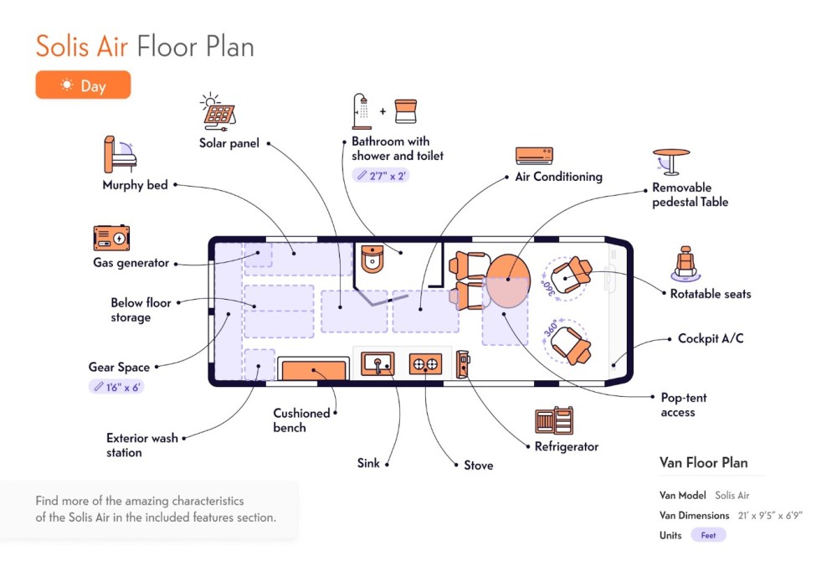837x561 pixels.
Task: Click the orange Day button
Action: (83, 85)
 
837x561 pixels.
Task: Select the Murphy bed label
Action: (135, 185)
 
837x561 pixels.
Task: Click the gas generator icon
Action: (111, 238)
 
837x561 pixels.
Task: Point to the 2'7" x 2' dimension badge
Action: (381, 176)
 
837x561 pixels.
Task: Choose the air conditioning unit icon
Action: (534, 155)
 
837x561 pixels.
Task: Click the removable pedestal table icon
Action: (670, 162)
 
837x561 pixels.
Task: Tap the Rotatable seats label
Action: (711, 294)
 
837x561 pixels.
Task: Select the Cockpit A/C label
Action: (711, 338)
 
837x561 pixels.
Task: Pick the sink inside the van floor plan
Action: (378, 364)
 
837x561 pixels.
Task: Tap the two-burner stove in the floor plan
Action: (425, 364)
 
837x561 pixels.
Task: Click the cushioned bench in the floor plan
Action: (313, 370)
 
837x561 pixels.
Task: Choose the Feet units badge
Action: (708, 535)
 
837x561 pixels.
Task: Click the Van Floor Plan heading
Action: (704, 462)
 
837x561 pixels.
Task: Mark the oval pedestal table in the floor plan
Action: (508, 280)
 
